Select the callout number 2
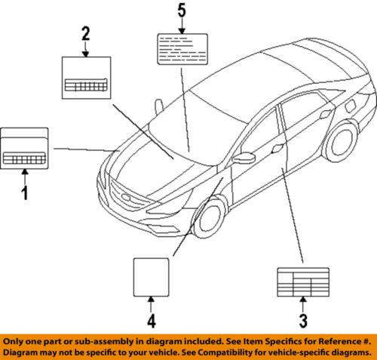click(85, 32)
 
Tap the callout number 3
click(302, 322)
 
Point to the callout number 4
click(152, 322)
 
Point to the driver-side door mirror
click(245, 159)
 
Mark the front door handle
click(278, 148)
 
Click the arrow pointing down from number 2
click(85, 49)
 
